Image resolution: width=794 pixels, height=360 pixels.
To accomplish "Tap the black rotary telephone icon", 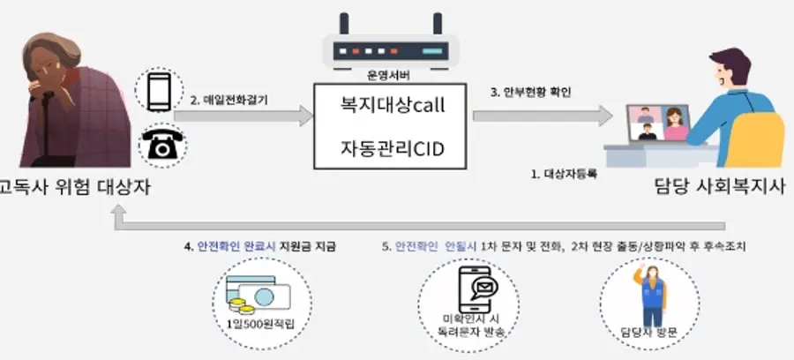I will [x=161, y=146].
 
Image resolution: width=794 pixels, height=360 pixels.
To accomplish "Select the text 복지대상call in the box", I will [x=393, y=105].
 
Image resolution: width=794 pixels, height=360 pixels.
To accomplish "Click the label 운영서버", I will [x=387, y=77].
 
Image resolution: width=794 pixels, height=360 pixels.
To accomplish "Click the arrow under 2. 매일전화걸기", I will [x=252, y=116].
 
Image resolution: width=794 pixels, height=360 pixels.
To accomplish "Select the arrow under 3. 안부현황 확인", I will [x=542, y=115].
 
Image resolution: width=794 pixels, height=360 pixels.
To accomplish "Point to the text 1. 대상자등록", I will [x=564, y=174].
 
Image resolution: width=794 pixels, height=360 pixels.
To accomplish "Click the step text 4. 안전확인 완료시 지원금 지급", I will [x=260, y=246].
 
